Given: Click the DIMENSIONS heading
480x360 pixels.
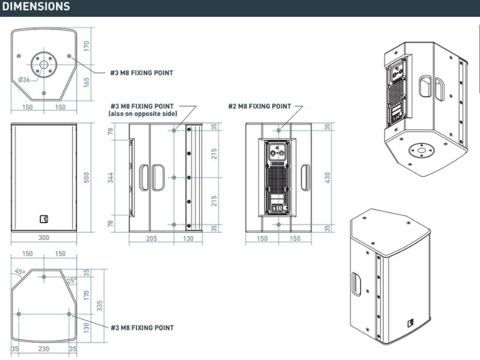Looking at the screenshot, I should pyautogui.click(x=36, y=7).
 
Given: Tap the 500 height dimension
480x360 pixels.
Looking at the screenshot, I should pyautogui.click(x=86, y=178).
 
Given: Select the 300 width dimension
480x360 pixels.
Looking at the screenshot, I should pyautogui.click(x=44, y=238).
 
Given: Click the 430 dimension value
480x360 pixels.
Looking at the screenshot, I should pyautogui.click(x=327, y=178).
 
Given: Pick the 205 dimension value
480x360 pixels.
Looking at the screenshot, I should pyautogui.click(x=152, y=238).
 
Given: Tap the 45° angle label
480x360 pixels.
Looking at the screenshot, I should pyautogui.click(x=19, y=272).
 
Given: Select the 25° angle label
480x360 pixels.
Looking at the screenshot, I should pyautogui.click(x=71, y=280).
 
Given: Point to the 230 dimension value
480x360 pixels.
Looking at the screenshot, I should pyautogui.click(x=44, y=348).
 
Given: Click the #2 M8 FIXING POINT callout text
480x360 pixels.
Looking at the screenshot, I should pyautogui.click(x=259, y=106).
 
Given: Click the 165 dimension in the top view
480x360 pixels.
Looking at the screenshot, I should pyautogui.click(x=86, y=82).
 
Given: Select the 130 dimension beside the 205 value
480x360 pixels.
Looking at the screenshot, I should pyautogui.click(x=188, y=238).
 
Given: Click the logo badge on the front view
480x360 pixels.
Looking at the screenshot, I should pyautogui.click(x=44, y=218).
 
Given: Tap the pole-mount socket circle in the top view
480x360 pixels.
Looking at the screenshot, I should pyautogui.click(x=44, y=64).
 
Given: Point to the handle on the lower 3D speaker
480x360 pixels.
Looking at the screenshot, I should pyautogui.click(x=355, y=283).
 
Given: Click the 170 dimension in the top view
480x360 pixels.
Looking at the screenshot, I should pyautogui.click(x=86, y=45).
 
